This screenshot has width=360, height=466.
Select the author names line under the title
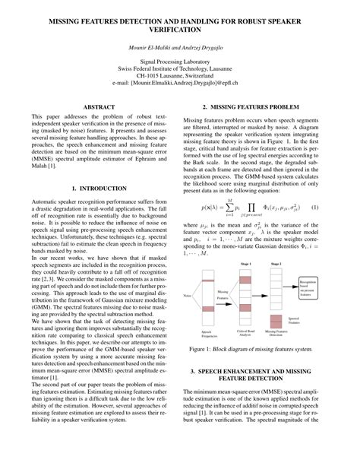click(180, 47)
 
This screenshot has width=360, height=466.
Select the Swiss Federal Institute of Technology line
click(180, 74)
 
